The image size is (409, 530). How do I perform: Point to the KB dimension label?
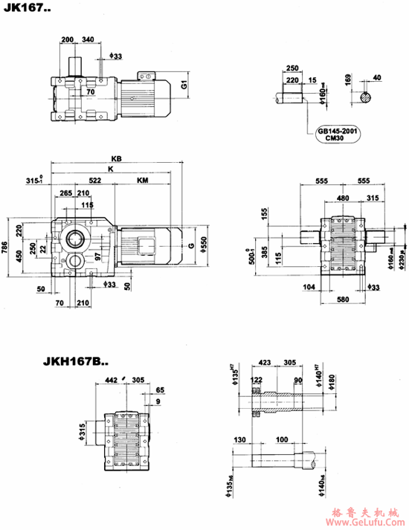(116, 159)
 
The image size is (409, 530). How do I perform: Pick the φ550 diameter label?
(203, 246)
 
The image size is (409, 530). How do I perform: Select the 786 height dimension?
(6, 245)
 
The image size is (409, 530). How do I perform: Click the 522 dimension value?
(95, 181)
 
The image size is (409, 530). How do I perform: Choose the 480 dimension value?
(341, 198)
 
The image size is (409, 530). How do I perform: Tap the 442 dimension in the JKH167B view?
(112, 379)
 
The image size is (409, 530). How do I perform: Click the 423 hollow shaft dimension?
(265, 365)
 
